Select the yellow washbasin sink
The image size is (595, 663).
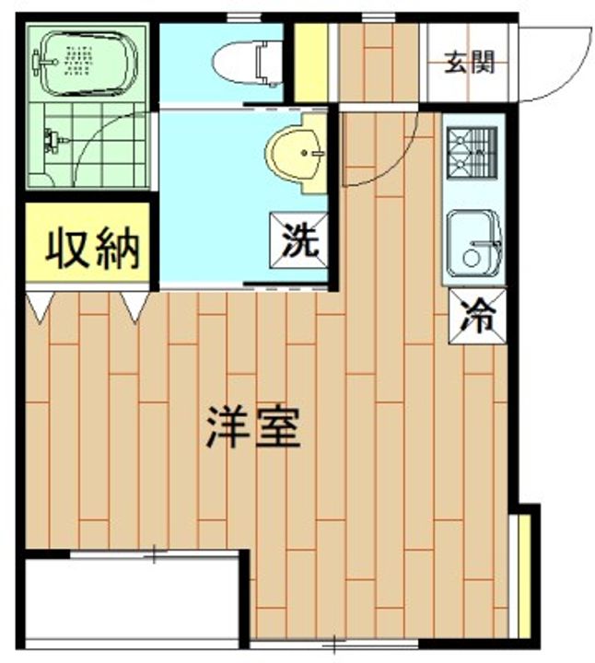point(295,153)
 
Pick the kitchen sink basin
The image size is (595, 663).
point(473,243)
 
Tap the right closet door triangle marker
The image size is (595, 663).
point(134,306)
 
